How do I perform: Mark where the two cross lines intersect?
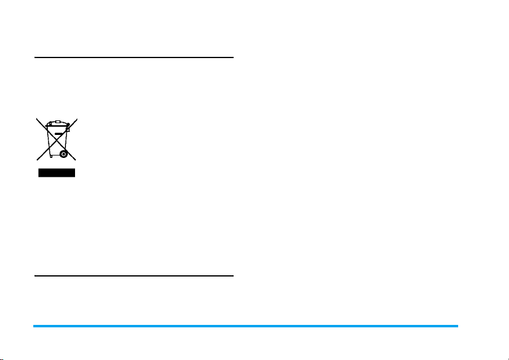[56, 140]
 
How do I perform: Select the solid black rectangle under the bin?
[56, 173]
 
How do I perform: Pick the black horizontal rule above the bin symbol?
[134, 58]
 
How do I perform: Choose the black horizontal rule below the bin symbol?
[134, 277]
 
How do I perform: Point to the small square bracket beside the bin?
[68, 128]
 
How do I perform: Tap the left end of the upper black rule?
[35, 58]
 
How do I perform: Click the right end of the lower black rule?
[232, 277]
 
